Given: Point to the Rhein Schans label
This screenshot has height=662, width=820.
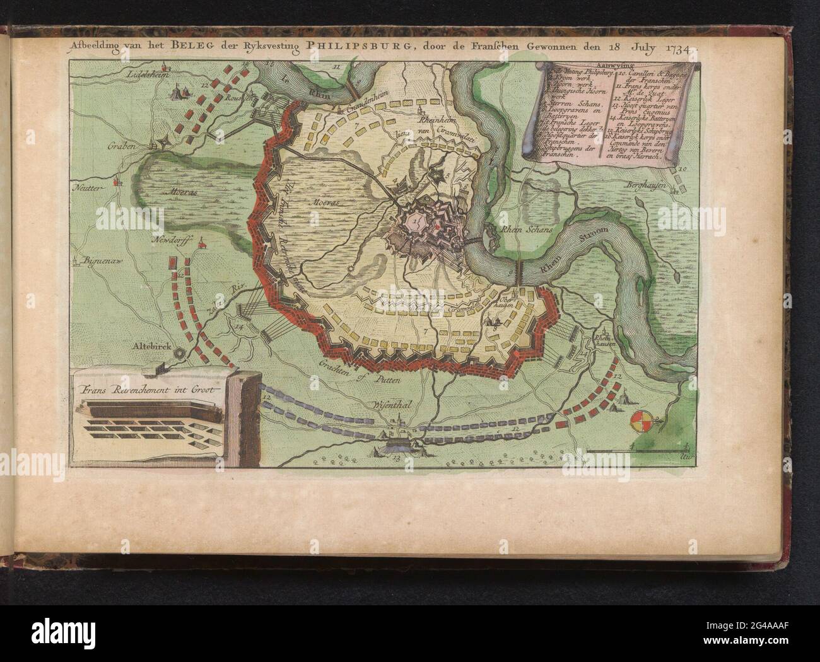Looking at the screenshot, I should (524, 231).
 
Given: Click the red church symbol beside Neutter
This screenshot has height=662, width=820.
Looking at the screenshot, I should (115, 183).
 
